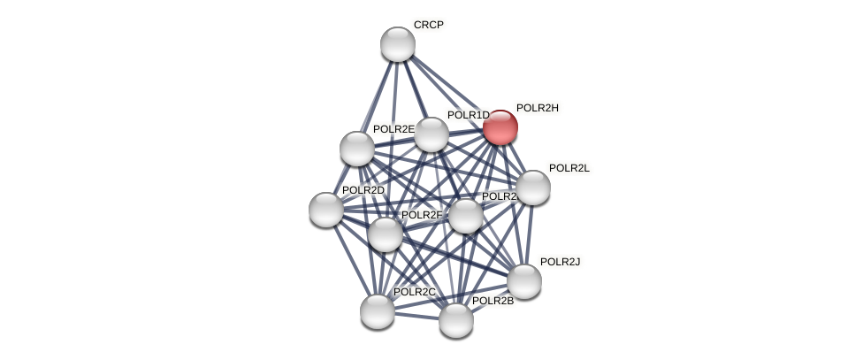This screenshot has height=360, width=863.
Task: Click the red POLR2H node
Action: coord(500,127)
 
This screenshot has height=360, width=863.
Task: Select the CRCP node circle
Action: coord(398,44)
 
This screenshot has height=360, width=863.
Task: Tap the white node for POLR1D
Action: coord(431,134)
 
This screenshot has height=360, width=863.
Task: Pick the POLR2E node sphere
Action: coord(357,148)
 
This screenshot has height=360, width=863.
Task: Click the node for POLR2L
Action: coord(533,188)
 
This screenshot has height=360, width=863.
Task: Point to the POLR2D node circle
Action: coord(326,210)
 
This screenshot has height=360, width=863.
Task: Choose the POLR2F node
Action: coord(386,234)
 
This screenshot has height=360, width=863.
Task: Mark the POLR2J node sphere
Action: coord(524,281)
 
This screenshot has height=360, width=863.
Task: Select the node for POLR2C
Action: coord(378,311)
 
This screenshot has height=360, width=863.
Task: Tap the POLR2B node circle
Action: coord(456,320)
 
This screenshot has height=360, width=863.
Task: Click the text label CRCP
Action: coord(429,25)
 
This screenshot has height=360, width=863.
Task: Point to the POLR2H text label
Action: coord(538,108)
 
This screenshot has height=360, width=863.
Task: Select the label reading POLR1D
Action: coord(468,115)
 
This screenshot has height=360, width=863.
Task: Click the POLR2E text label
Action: coord(393,129)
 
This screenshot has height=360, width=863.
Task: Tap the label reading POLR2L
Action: coord(569,168)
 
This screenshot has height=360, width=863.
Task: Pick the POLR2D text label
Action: coord(363,190)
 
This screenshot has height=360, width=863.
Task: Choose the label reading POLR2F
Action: coord(422,215)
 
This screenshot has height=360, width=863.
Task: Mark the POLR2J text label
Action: coord(560,262)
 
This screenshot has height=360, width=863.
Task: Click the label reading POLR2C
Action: coord(415,292)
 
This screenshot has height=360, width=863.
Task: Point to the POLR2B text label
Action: coord(493,301)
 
